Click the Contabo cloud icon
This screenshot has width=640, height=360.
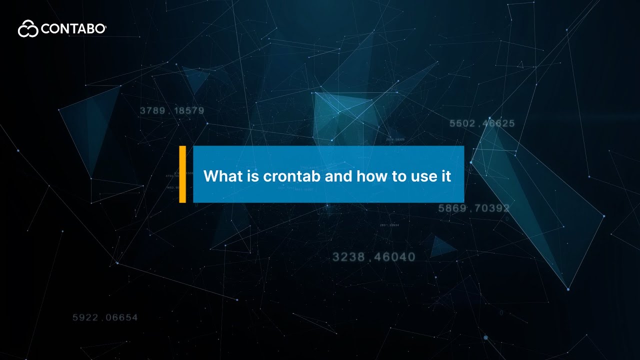click(28, 29)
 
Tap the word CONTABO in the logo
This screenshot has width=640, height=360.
click(73, 29)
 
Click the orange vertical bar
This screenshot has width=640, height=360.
click(182, 174)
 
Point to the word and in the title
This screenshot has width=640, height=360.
click(339, 176)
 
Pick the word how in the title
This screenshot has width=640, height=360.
click(372, 176)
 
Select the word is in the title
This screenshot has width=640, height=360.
click(252, 176)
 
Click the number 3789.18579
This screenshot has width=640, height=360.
click(171, 110)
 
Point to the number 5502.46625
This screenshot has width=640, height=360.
click(482, 123)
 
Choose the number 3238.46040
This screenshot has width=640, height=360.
click(373, 257)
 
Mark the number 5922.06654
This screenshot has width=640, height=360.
click(104, 317)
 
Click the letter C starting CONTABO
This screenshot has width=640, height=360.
click(45, 29)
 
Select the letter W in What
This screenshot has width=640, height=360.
click(210, 176)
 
